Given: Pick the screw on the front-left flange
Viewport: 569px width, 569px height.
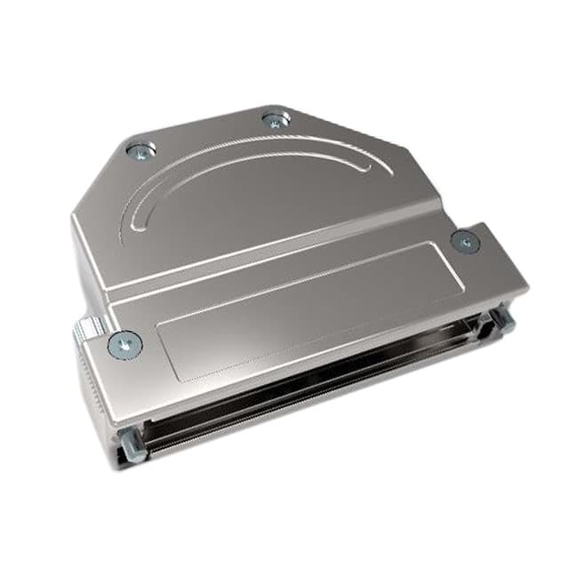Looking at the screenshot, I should (x=124, y=342).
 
